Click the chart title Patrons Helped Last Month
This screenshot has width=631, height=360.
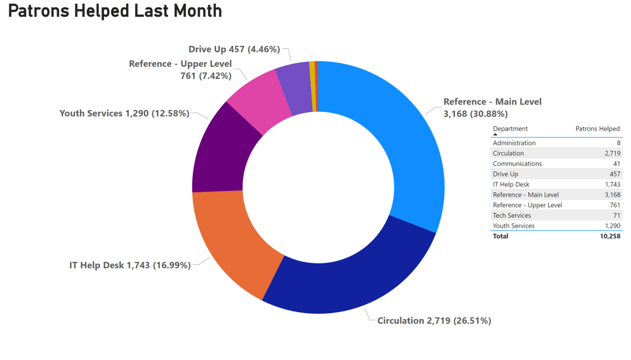pos(115,11)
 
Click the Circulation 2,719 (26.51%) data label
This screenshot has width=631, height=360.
pos(434,320)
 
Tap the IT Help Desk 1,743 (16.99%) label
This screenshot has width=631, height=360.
pos(130,265)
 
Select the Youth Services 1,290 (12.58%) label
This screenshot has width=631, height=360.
pos(124,113)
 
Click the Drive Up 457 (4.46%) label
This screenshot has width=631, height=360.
pos(234,49)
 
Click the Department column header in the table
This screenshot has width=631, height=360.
pos(510,129)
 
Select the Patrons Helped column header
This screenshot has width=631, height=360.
pos(597,129)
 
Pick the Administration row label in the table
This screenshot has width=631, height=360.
pos(514,143)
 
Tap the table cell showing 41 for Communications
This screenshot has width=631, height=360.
pos(616,163)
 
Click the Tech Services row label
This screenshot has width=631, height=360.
pos(512,215)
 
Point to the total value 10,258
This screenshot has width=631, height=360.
pos(610,236)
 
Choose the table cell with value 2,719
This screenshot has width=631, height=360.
pos(612,153)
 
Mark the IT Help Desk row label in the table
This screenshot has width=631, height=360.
pos(511,184)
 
